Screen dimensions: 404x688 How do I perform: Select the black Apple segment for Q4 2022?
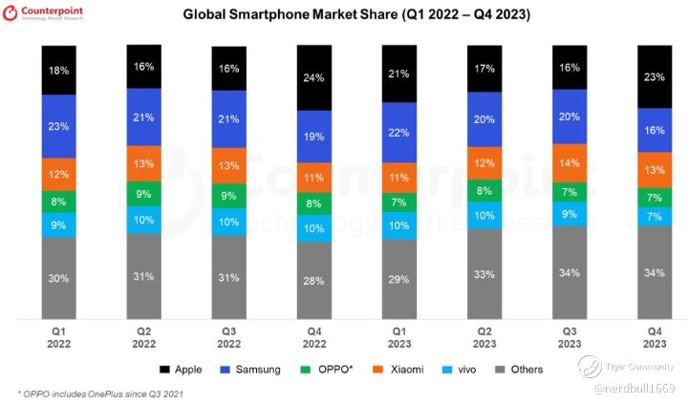pyautogui.click(x=314, y=78)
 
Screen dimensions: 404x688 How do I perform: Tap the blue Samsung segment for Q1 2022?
pyautogui.click(x=58, y=125)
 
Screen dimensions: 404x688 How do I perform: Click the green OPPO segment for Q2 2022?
pyautogui.click(x=143, y=194)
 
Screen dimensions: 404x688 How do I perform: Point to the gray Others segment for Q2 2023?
pyautogui.click(x=484, y=275)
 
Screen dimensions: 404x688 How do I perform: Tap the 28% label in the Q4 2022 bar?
pyautogui.click(x=314, y=279)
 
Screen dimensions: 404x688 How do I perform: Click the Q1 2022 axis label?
pyautogui.click(x=58, y=336)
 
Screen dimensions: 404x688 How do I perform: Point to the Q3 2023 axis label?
pyautogui.click(x=570, y=336)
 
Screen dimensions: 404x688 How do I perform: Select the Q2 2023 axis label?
pyautogui.click(x=484, y=336)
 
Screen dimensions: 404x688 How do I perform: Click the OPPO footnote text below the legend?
pyautogui.click(x=100, y=393)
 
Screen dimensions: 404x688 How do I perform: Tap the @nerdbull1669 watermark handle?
pyautogui.click(x=634, y=389)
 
